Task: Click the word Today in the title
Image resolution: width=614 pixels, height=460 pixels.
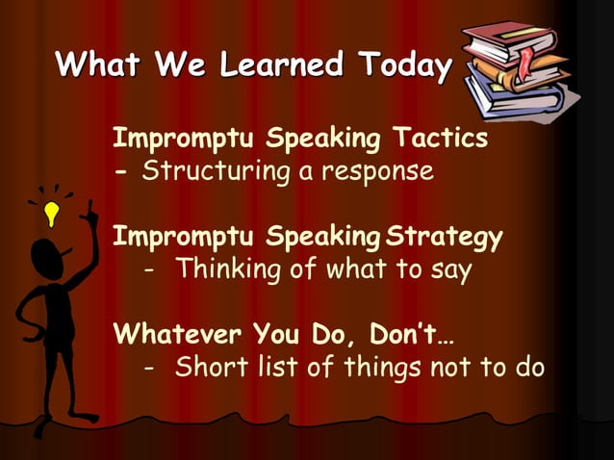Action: (x=403, y=66)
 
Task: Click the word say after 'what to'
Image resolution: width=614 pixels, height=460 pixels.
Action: (x=449, y=270)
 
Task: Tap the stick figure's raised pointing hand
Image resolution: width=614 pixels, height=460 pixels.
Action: (x=90, y=211)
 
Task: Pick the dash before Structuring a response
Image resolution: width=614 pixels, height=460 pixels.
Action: (x=120, y=173)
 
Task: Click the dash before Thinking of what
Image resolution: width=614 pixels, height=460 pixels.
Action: (x=149, y=270)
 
